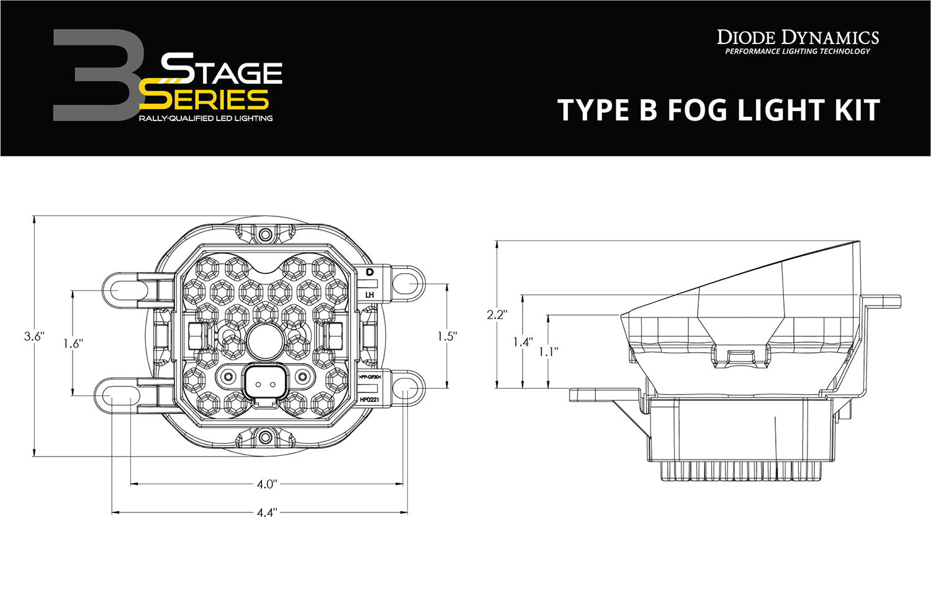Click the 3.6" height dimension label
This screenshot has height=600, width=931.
(x=34, y=336)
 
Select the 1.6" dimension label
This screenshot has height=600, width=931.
(x=73, y=342)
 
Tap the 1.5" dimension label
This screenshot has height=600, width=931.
(x=447, y=336)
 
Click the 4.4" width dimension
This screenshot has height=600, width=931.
(x=266, y=513)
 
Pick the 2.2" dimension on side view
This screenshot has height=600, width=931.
(x=497, y=314)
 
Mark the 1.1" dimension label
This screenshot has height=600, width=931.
(x=548, y=351)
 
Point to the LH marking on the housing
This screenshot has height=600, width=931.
(x=370, y=294)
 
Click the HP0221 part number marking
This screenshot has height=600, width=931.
(x=370, y=400)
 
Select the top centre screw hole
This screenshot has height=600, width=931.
(x=266, y=234)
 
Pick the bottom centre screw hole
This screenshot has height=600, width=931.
(x=266, y=437)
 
